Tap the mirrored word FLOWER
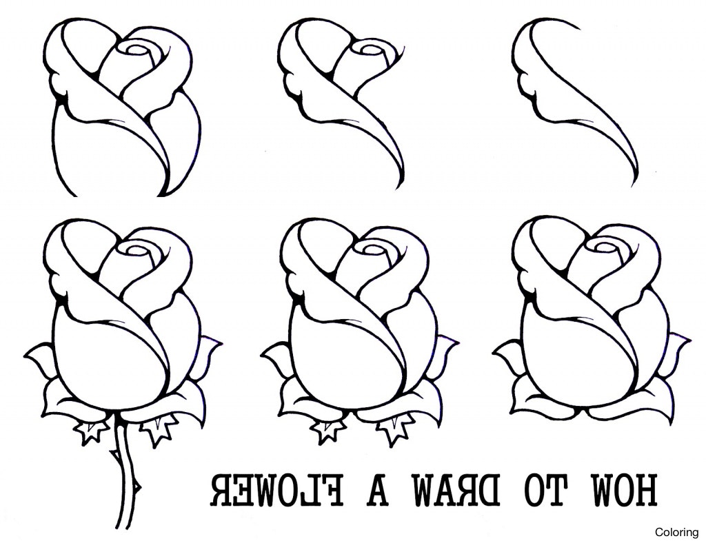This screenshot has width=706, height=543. [275, 491]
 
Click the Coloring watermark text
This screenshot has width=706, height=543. [676, 532]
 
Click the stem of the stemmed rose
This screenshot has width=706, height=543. [124, 482]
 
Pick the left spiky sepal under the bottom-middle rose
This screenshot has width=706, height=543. [327, 431]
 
